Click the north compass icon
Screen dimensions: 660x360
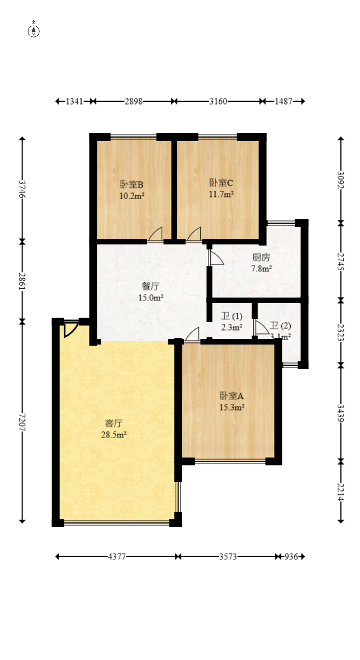click(34, 31)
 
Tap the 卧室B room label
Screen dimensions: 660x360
click(132, 185)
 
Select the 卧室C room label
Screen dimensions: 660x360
click(221, 183)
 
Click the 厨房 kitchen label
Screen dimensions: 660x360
click(261, 258)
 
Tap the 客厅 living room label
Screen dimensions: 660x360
click(114, 422)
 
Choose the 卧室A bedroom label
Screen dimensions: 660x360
click(231, 395)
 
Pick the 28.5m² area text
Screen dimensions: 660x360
click(115, 434)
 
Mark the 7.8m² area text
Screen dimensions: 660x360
click(262, 269)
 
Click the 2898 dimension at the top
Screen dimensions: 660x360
click(134, 101)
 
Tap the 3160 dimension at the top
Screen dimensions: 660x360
click(218, 101)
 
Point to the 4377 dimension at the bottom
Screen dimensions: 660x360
click(117, 557)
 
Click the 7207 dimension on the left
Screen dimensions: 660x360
click(22, 423)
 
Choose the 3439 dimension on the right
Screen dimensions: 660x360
click(340, 412)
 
